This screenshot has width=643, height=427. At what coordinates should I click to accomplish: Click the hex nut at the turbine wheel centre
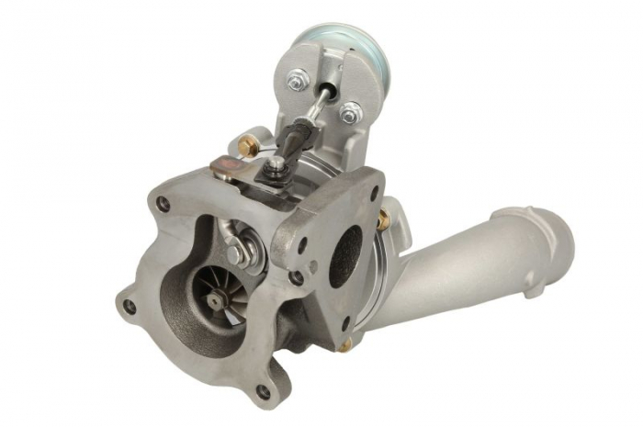point(213,301)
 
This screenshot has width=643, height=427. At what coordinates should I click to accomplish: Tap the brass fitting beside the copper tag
point(246,144)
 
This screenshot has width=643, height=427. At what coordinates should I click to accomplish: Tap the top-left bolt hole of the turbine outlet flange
point(163,204)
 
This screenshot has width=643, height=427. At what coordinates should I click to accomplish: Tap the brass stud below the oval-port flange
point(346,345)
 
